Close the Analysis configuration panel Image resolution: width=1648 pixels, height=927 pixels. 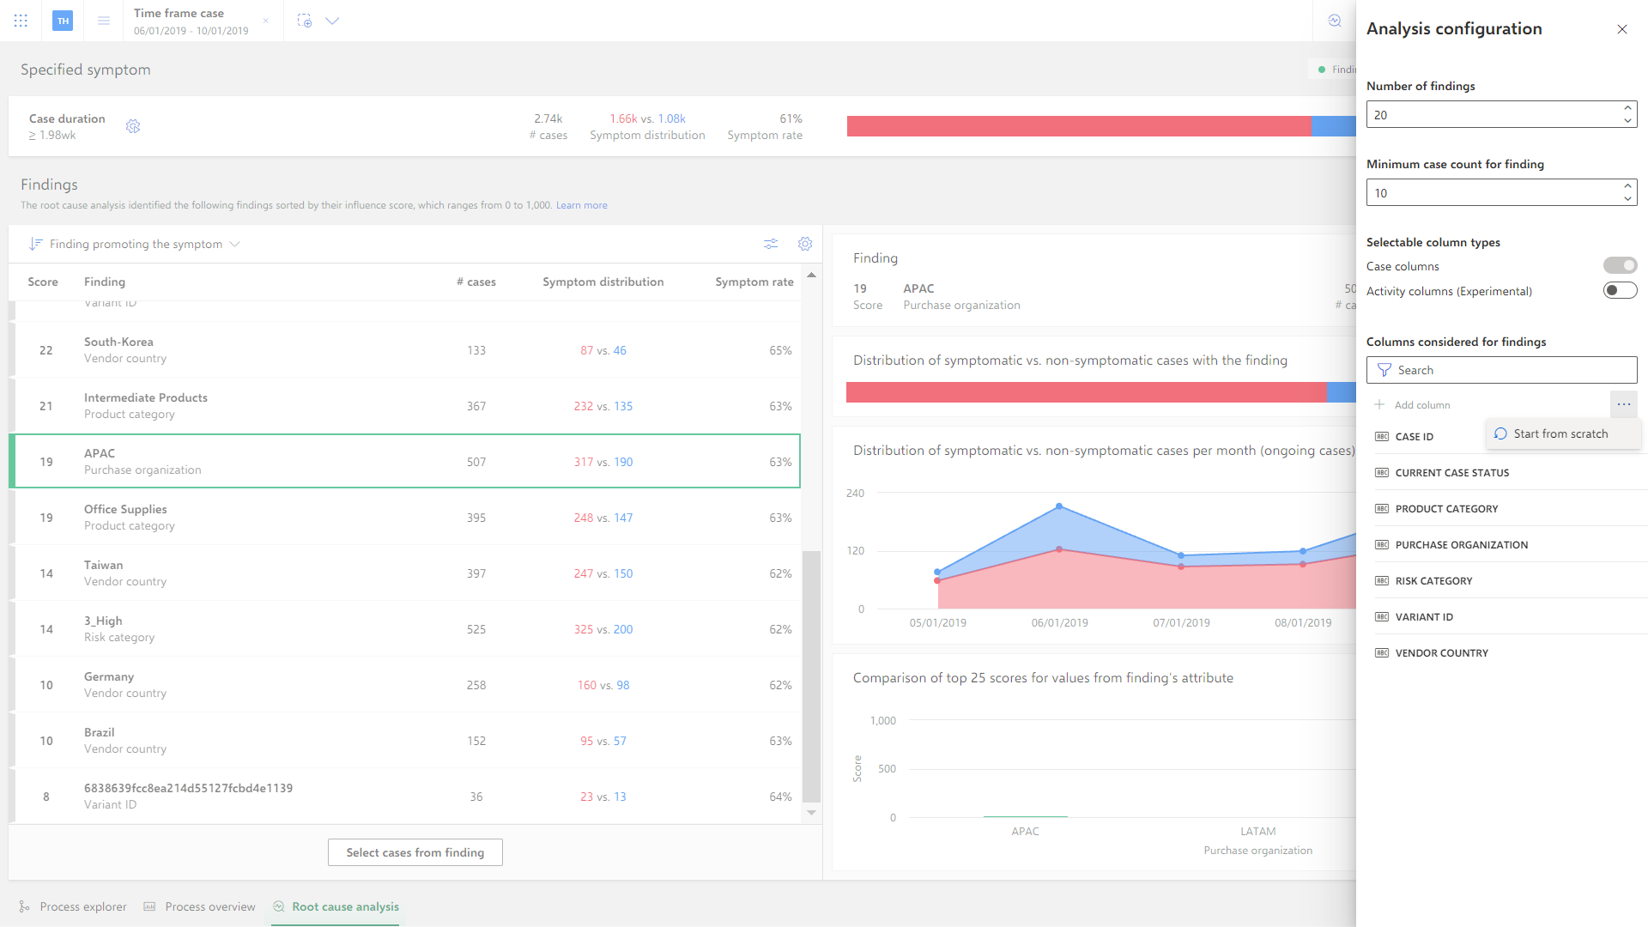[1622, 29]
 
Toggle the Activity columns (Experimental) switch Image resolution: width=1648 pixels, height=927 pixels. [1620, 291]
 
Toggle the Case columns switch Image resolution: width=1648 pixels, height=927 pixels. [1620, 266]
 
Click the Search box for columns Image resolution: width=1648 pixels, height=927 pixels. [1502, 370]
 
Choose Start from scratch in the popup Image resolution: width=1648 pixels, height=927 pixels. [1560, 434]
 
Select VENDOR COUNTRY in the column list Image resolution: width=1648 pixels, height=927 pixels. [1442, 653]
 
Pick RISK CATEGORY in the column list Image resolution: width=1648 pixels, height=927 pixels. [1433, 581]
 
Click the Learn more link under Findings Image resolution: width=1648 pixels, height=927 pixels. [582, 206]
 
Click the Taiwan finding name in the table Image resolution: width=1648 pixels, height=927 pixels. [104, 566]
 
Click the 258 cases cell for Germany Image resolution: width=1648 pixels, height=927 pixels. [476, 686]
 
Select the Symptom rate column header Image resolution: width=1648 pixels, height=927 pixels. [754, 282]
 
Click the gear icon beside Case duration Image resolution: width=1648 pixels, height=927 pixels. [133, 127]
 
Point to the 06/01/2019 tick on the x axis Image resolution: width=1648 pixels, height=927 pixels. [1059, 623]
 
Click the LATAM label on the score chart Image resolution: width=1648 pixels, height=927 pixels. [1258, 832]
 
